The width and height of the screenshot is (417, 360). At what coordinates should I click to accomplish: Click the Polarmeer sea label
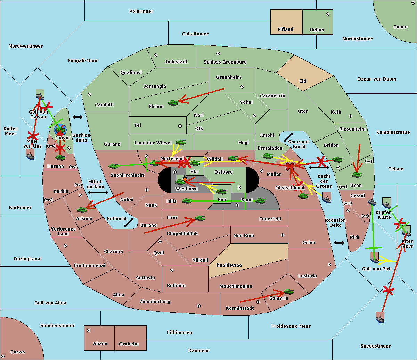pos(141,11)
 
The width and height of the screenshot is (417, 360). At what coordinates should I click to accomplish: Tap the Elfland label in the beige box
pos(285,30)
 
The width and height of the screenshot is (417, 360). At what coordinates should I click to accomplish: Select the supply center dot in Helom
pos(328,14)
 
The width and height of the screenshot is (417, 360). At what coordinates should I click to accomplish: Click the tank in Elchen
pos(173,103)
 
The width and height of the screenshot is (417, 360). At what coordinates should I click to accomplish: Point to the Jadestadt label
pos(176,62)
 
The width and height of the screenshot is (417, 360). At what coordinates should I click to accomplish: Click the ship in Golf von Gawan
pos(40,94)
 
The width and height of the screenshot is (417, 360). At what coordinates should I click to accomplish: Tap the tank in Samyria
pos(288,291)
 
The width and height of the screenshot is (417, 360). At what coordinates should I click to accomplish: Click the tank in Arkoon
pos(82,210)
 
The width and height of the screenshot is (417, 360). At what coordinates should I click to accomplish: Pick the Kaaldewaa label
pos(229,265)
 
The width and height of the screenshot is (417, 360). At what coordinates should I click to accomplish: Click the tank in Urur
pos(200,218)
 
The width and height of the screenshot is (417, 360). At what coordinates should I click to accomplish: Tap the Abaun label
pos(100,344)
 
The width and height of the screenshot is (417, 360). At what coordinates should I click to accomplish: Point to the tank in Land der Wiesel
pos(181,142)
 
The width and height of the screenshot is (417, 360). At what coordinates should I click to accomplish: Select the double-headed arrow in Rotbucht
pos(129,223)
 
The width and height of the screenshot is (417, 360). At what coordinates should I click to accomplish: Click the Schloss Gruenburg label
pos(225,62)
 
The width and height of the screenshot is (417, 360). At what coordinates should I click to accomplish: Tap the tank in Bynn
pos(357,175)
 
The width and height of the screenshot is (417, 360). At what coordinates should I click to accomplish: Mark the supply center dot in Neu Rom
pos(283,235)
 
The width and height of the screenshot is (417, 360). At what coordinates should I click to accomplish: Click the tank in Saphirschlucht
pos(113,166)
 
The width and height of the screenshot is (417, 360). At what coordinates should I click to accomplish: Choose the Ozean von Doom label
pos(376,79)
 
